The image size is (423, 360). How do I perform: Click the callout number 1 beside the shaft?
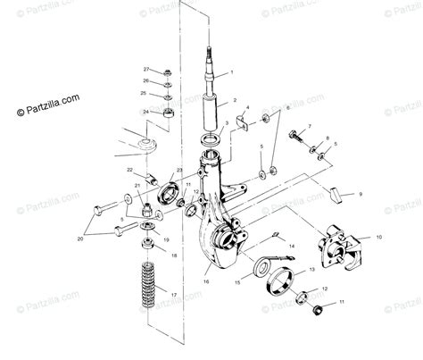(x=231, y=71)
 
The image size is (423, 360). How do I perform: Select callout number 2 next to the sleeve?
(x=235, y=101)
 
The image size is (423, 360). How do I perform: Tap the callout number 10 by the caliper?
(x=378, y=238)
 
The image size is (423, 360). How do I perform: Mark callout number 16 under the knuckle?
(x=205, y=280)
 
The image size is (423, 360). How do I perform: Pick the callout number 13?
(x=311, y=268)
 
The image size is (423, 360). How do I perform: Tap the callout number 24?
(x=145, y=112)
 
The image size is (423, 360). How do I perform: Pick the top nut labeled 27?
(x=168, y=71)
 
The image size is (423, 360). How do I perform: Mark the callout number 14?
(x=292, y=245)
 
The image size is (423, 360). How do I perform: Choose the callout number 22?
(x=129, y=169)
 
